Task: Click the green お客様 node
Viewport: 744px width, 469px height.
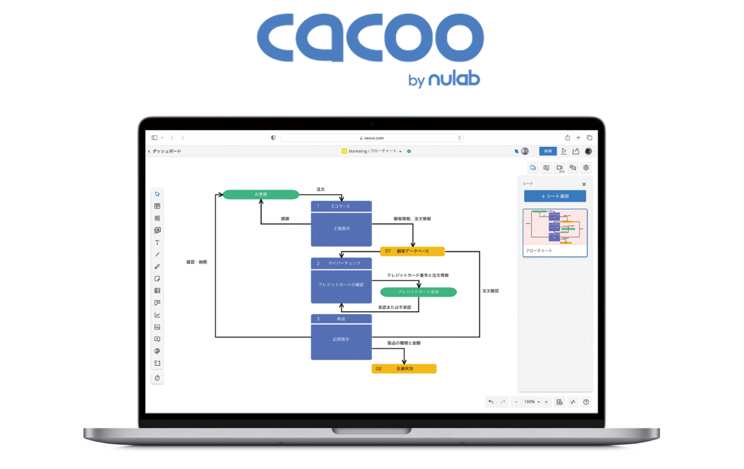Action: (260, 195)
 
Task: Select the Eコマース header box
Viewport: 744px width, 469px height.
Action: (341, 206)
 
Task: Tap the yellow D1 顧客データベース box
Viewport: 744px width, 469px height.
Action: (412, 252)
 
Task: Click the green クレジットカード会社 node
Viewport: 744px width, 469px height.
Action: (418, 292)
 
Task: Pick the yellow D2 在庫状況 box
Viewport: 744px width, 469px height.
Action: (404, 369)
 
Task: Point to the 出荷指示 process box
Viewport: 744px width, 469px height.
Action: (341, 340)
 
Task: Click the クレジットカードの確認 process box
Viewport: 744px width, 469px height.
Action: (341, 285)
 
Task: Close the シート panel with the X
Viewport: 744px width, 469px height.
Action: (584, 184)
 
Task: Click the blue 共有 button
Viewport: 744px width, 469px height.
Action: (547, 151)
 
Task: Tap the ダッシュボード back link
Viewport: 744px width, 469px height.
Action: (166, 151)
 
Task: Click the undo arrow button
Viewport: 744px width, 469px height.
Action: (491, 402)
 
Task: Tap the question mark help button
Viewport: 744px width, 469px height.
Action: (586, 402)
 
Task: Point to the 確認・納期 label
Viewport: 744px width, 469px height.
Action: (197, 262)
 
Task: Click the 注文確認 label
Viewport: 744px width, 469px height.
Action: (490, 291)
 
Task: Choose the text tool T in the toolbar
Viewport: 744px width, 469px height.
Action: (157, 242)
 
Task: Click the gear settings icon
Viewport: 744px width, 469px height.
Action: (586, 168)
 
